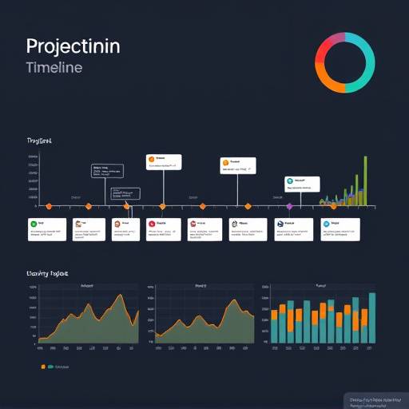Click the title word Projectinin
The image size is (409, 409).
tap(73, 46)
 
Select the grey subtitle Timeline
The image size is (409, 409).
tap(54, 68)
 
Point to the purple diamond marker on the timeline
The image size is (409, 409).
tap(289, 206)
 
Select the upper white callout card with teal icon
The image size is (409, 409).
tap(302, 184)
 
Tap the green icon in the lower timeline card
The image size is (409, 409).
tap(34, 225)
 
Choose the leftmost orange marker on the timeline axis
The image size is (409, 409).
tap(49, 206)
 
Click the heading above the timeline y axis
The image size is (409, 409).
tap(39, 141)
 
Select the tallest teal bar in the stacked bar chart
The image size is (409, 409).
tap(371, 318)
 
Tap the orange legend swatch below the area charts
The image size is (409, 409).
tap(42, 367)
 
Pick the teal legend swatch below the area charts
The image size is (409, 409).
tap(50, 367)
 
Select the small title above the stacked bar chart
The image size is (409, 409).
tap(320, 284)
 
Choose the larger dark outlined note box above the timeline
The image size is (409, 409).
tap(107, 171)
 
